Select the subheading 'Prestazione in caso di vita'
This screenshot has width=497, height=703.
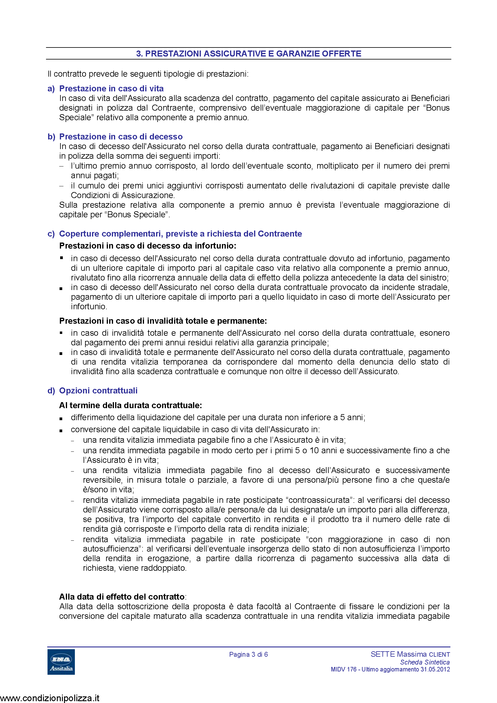[111, 88]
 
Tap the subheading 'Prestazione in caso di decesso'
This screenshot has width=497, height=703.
[121, 136]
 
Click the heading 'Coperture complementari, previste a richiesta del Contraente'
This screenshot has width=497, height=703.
[180, 234]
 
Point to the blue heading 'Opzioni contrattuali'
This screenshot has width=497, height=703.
[98, 390]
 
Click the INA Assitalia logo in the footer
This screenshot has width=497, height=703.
[61, 662]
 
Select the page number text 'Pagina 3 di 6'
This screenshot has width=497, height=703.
[248, 654]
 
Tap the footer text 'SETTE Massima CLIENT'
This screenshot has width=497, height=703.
[410, 654]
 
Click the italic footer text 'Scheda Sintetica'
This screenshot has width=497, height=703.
[425, 662]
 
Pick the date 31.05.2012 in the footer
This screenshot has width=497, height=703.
[435, 669]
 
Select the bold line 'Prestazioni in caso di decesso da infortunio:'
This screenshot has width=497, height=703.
[148, 246]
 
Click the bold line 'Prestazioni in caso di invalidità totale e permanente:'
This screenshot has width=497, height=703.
[163, 321]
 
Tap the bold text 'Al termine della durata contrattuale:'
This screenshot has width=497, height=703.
[130, 405]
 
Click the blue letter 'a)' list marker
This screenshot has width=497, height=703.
[51, 88]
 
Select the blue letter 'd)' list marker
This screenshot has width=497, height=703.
[51, 390]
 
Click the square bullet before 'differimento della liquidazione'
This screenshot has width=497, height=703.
[61, 419]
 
